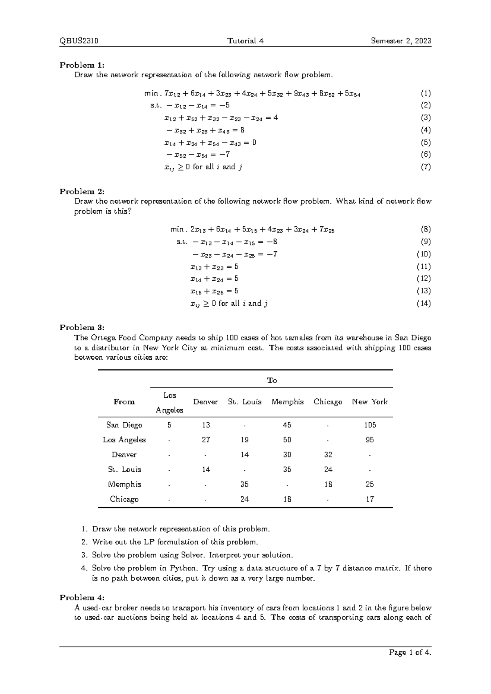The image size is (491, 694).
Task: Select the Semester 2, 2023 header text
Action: pyautogui.click(x=401, y=41)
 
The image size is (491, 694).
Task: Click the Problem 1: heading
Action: pyautogui.click(x=82, y=65)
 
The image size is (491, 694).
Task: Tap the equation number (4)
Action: pyautogui.click(x=426, y=130)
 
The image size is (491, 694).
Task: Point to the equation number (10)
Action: pyautogui.click(x=423, y=254)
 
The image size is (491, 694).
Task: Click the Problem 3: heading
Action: pyautogui.click(x=82, y=327)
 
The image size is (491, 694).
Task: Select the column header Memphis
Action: pyautogui.click(x=287, y=402)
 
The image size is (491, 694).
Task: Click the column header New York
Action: pyautogui.click(x=369, y=402)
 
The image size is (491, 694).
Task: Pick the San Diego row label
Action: pyautogui.click(x=124, y=425)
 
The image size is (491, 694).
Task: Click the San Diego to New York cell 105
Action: pyautogui.click(x=370, y=425)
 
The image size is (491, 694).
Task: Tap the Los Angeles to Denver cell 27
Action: pyautogui.click(x=206, y=440)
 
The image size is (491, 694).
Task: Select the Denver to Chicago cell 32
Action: pyautogui.click(x=328, y=455)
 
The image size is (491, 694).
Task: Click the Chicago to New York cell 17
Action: pyautogui.click(x=370, y=499)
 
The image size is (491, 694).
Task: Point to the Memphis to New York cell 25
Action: pyautogui.click(x=370, y=484)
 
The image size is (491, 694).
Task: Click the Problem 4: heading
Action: pyautogui.click(x=82, y=598)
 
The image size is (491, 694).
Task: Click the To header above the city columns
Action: pyautogui.click(x=272, y=381)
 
